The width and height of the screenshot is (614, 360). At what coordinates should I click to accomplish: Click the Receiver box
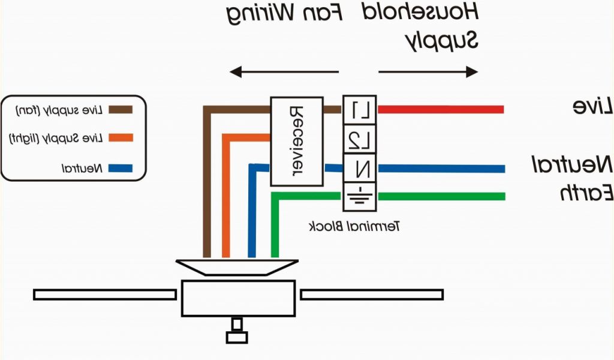coord(297,141)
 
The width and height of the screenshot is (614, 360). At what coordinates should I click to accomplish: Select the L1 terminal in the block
coord(360,110)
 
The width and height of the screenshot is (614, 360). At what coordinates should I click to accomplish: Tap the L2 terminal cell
coord(360,139)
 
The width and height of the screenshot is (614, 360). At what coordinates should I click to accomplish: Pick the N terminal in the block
coord(360,169)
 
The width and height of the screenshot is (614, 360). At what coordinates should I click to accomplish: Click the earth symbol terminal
coord(360,196)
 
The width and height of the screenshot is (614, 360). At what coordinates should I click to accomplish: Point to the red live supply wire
coord(440,109)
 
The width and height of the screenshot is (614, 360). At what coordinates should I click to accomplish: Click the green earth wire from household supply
coord(440,196)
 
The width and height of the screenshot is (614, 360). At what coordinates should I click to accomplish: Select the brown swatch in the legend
coord(120,110)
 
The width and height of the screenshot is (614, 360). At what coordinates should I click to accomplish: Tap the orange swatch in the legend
coord(120,139)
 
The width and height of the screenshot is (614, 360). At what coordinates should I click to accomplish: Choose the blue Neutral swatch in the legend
coord(120,168)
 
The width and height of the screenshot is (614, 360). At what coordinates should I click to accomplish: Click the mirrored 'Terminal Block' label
coord(354,227)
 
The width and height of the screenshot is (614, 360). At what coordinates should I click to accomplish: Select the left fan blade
coord(105,295)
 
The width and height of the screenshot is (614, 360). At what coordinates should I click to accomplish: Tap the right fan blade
coord(372,295)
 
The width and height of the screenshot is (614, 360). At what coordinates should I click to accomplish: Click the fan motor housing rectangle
coord(238,298)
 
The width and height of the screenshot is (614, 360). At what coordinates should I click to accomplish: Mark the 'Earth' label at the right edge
coord(586,192)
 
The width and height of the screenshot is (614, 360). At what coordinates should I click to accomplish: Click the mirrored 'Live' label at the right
coord(592,107)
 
